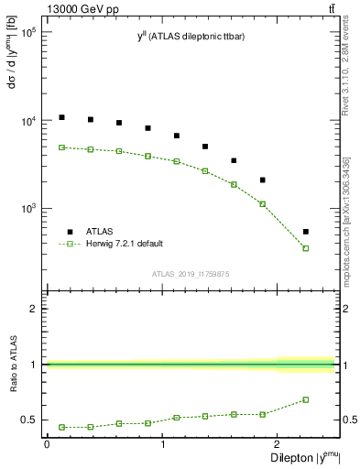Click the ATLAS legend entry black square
click(68, 232)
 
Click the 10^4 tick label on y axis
click(26, 121)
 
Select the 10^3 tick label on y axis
click(26, 209)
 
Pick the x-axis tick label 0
click(47, 444)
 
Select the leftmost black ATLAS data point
click(61, 117)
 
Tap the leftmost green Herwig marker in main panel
click(61, 147)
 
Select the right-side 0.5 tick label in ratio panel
click(349, 420)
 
